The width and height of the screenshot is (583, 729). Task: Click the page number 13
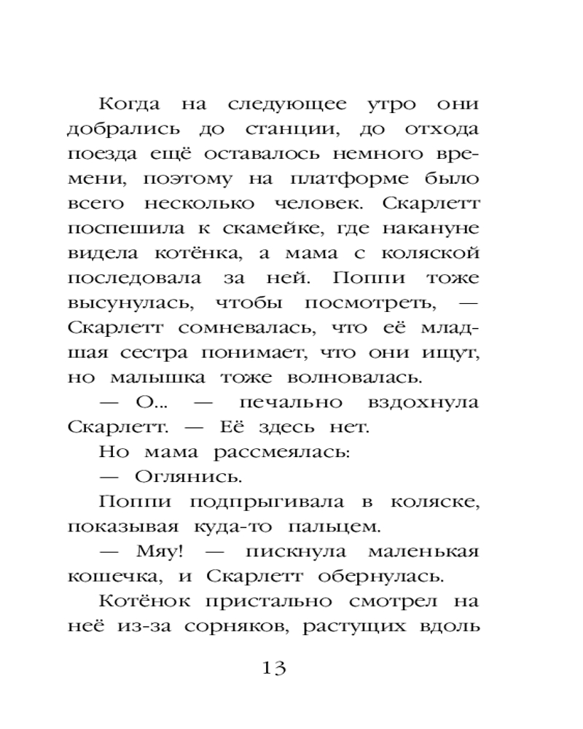tap(275, 667)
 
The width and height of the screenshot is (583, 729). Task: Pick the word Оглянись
tap(189, 478)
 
